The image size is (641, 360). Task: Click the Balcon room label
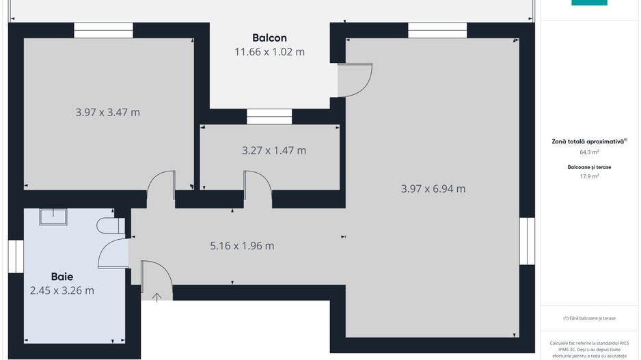click(x=269, y=38)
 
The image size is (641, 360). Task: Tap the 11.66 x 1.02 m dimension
click(x=269, y=52)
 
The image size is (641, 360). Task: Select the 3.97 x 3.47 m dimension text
click(x=107, y=112)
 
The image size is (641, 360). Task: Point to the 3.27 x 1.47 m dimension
click(x=274, y=150)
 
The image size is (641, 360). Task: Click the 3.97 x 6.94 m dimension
click(x=433, y=189)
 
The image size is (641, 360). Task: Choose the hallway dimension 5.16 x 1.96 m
click(x=242, y=246)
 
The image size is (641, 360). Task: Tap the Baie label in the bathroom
click(x=62, y=277)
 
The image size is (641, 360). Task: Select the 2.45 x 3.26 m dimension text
click(x=62, y=290)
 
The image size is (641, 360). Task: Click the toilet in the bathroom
click(x=110, y=225)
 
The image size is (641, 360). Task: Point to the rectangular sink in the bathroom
click(x=53, y=217)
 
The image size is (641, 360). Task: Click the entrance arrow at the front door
click(x=156, y=296)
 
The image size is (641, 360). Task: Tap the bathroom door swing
click(x=113, y=253)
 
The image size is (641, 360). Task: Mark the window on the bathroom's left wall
click(x=16, y=256)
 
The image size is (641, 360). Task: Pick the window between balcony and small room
click(x=269, y=117)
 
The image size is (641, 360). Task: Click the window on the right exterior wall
click(x=526, y=241)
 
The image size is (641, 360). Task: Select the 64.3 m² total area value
click(x=589, y=152)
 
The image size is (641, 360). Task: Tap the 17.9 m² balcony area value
click(x=589, y=176)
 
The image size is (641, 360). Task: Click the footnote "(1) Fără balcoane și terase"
click(x=589, y=318)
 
